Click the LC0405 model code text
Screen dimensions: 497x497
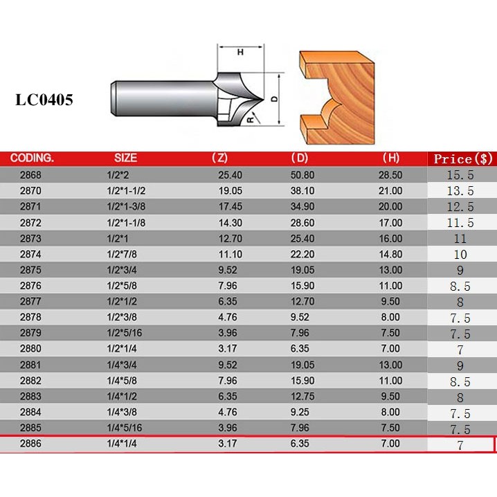(x=44, y=100)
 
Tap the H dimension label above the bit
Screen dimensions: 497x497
(x=241, y=52)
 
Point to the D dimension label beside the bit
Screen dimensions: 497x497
(x=275, y=99)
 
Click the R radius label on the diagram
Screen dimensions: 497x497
(x=251, y=120)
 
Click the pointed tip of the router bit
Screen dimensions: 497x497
(x=264, y=99)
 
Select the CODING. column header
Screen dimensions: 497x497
(x=32, y=158)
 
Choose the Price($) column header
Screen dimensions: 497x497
(x=463, y=159)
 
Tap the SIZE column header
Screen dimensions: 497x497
(x=125, y=158)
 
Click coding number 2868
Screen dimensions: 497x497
(x=30, y=175)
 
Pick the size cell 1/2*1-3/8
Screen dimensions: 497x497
(x=126, y=207)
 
